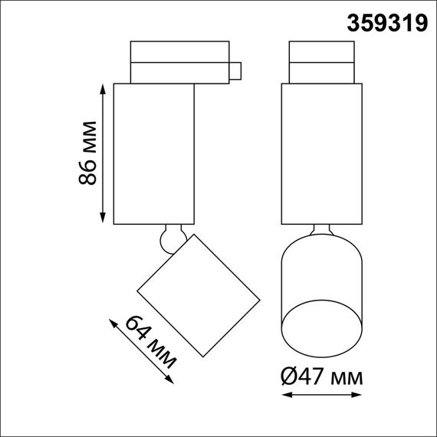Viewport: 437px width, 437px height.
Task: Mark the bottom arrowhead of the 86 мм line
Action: click(x=103, y=218)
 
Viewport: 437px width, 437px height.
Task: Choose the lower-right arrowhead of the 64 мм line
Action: click(x=169, y=384)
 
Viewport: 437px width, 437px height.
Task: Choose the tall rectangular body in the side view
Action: click(x=153, y=153)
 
